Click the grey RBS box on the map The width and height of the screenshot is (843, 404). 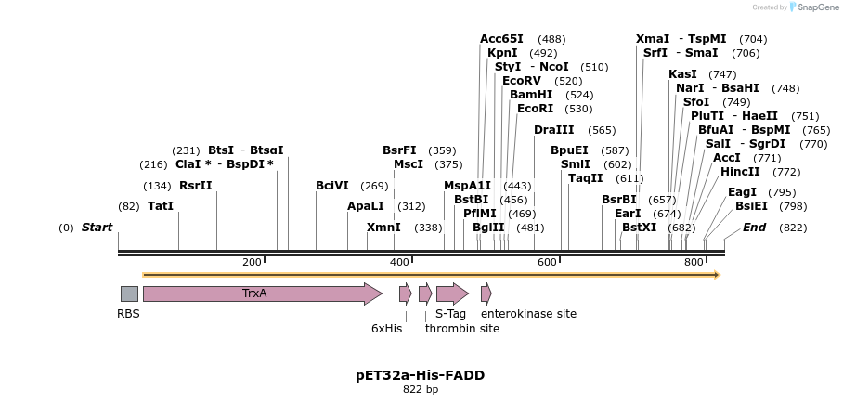[x=129, y=293]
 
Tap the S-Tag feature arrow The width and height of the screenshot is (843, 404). [x=452, y=293]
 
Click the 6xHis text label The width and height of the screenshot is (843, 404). [x=386, y=328]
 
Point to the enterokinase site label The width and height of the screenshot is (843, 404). [x=528, y=314]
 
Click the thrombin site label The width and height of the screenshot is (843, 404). [x=462, y=328]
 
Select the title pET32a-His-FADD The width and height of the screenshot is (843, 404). [x=420, y=375]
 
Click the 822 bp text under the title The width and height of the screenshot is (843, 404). [x=420, y=389]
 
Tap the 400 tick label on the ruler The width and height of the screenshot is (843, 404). [x=399, y=263]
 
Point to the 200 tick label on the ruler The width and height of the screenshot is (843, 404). [x=252, y=263]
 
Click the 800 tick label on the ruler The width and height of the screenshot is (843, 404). [x=694, y=263]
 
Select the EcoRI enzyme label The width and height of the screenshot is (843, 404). [x=535, y=109]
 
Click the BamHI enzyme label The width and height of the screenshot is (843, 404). [x=531, y=95]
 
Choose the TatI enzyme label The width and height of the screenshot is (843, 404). [x=161, y=206]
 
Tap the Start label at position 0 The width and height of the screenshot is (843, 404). [x=97, y=228]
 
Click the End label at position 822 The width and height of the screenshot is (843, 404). [x=754, y=228]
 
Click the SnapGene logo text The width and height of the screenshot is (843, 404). [x=813, y=7]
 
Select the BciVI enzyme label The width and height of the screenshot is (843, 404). [x=332, y=186]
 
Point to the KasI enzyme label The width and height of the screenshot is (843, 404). [x=682, y=74]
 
